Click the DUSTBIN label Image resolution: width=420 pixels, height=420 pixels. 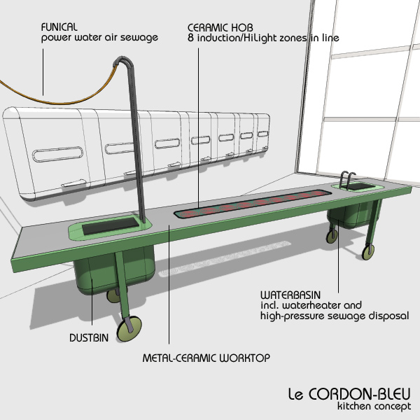(89, 338)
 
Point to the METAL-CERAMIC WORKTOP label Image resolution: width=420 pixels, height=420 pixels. (206, 358)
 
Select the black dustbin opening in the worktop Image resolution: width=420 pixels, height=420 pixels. (109, 225)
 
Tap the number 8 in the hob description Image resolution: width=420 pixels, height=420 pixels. (190, 38)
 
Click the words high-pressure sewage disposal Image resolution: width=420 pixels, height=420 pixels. (335, 316)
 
